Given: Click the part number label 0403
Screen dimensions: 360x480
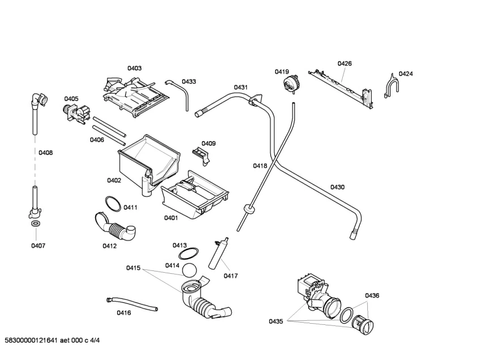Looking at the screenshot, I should tap(134, 68).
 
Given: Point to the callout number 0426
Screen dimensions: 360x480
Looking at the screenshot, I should tap(345, 63).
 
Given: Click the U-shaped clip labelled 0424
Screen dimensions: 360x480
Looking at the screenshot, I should tap(391, 86).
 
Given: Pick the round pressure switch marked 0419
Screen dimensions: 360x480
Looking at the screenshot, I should tap(291, 85).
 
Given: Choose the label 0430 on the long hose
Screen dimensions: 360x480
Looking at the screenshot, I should tap(338, 187).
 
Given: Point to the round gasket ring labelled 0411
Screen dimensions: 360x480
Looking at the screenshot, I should tap(112, 202).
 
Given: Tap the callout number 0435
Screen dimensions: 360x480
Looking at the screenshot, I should tap(276, 321).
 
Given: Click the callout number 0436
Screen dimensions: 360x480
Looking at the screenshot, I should tap(372, 295).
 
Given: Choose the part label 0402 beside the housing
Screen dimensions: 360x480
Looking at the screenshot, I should tap(114, 180).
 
